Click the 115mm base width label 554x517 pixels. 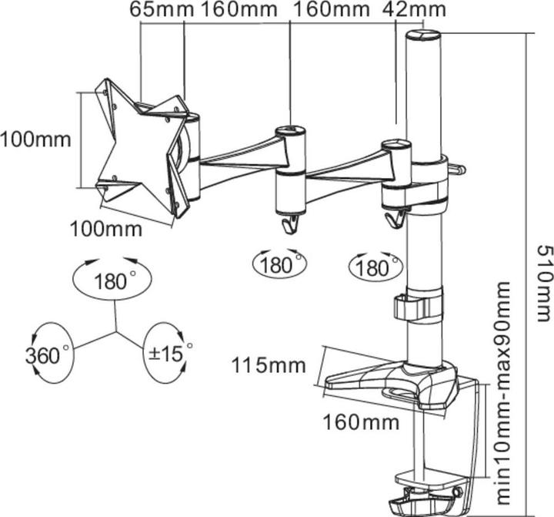coord(269,364)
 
